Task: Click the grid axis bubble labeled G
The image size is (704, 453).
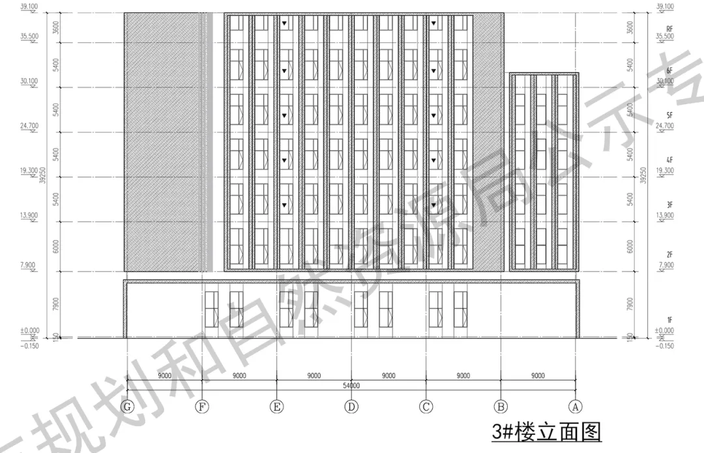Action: pyautogui.click(x=128, y=407)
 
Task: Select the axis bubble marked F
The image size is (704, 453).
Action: pyautogui.click(x=203, y=407)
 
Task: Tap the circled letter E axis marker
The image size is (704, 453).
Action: pyautogui.click(x=277, y=407)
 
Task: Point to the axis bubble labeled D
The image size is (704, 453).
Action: pyautogui.click(x=351, y=407)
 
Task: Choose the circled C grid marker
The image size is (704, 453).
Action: pyautogui.click(x=426, y=407)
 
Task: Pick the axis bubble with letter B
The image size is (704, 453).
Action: pyautogui.click(x=501, y=407)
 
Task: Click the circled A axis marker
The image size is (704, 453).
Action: pyautogui.click(x=575, y=407)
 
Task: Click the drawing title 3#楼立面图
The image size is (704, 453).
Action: pyautogui.click(x=546, y=432)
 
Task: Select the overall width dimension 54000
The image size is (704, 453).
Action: pyautogui.click(x=351, y=386)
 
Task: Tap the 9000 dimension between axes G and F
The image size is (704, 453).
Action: pyautogui.click(x=165, y=375)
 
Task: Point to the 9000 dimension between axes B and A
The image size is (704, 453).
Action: pyautogui.click(x=538, y=375)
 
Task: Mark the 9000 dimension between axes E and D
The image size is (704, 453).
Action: pyautogui.click(x=314, y=375)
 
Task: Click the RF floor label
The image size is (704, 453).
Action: pyautogui.click(x=669, y=29)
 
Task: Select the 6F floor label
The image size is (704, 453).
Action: pyautogui.click(x=669, y=70)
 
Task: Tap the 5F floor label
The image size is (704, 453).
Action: pyautogui.click(x=669, y=115)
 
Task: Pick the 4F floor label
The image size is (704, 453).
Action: pyautogui.click(x=669, y=160)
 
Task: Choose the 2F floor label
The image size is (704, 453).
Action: pyautogui.click(x=669, y=256)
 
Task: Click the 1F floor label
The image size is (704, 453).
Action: pyautogui.click(x=669, y=320)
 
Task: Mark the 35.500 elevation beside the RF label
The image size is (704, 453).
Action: pyautogui.click(x=665, y=37)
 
